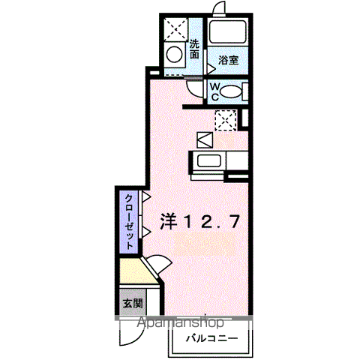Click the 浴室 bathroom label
point(228,60)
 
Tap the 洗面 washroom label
point(195,49)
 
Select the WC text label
point(214,91)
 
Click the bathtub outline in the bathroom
point(229,32)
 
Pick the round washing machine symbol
point(174,55)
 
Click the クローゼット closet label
point(129,220)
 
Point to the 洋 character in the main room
point(169,220)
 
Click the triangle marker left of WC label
point(211,68)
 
